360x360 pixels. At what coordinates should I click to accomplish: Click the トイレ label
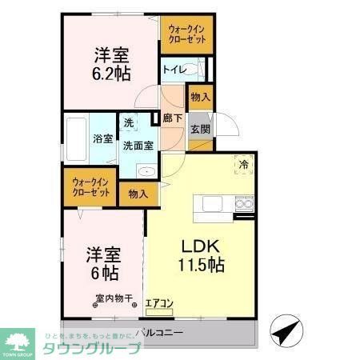[174, 70]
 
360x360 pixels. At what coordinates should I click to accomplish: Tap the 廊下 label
[173, 118]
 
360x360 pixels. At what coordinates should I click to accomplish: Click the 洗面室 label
[138, 146]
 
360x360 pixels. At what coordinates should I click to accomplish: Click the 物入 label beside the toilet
[200, 98]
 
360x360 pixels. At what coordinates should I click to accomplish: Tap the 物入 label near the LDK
[138, 194]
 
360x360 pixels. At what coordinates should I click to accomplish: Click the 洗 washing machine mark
[129, 123]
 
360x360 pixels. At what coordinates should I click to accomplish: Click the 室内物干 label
[111, 299]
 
